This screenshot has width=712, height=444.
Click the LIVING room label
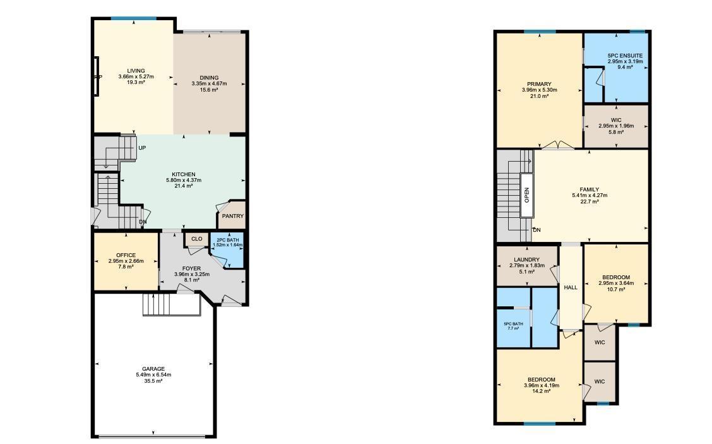pyautogui.click(x=136, y=71)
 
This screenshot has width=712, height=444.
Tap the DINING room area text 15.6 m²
pyautogui.click(x=209, y=90)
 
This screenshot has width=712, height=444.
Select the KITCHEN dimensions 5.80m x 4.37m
pyautogui.click(x=184, y=181)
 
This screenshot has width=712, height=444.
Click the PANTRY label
pyautogui.click(x=232, y=216)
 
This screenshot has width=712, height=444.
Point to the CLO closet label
pyautogui.click(x=196, y=239)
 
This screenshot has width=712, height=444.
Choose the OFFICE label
pyautogui.click(x=126, y=255)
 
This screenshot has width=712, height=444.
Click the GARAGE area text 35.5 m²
pyautogui.click(x=153, y=381)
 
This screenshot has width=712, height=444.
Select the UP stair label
pyautogui.click(x=142, y=148)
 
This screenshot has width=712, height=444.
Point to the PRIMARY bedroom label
pyautogui.click(x=539, y=84)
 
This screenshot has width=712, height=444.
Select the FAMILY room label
pyautogui.click(x=590, y=189)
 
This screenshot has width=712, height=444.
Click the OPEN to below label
pyautogui.click(x=526, y=195)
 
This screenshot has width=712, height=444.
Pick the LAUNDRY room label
pyautogui.click(x=526, y=260)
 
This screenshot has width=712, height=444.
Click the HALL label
pyautogui.click(x=571, y=287)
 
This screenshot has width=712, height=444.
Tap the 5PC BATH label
pyautogui.click(x=513, y=323)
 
